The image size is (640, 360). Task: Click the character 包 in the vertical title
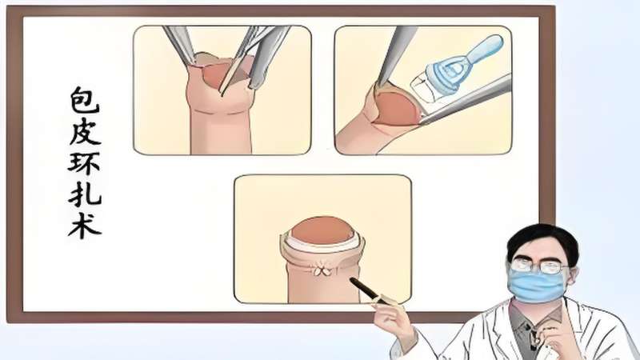click(x=85, y=99)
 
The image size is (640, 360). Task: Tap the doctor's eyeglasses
click(x=538, y=266)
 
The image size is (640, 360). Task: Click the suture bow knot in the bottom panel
click(x=322, y=270)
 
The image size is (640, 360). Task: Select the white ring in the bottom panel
click(x=322, y=243)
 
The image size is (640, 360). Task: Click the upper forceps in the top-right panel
click(x=394, y=55)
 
